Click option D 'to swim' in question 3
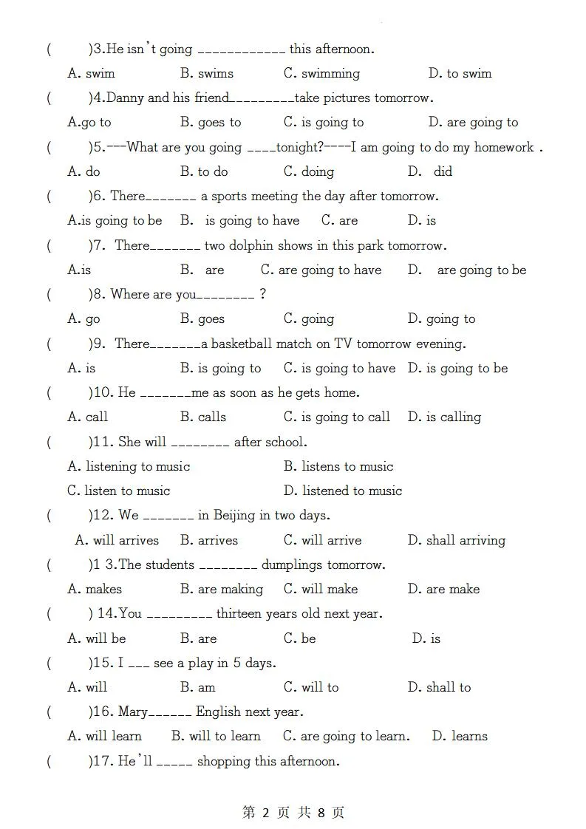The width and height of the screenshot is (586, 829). [460, 73]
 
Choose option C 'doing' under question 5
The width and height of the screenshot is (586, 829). [309, 171]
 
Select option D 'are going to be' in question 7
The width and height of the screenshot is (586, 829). [467, 270]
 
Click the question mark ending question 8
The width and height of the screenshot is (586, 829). [263, 294]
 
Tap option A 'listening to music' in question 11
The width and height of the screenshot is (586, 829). [129, 466]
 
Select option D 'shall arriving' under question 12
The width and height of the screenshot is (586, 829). [456, 540]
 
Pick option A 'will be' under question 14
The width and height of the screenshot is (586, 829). [97, 638]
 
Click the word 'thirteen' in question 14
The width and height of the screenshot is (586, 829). [241, 613]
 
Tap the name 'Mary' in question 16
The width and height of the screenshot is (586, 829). [133, 712]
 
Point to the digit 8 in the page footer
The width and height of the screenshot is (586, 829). [321, 813]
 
